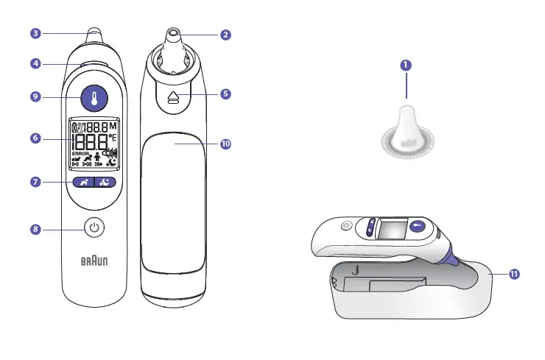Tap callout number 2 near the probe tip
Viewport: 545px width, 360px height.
coord(225,34)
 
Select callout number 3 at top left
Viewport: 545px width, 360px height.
coord(35,32)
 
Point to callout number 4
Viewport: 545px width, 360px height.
coord(35,64)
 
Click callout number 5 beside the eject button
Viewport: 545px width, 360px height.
coord(225,94)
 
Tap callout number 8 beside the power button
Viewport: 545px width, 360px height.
coord(35,229)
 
